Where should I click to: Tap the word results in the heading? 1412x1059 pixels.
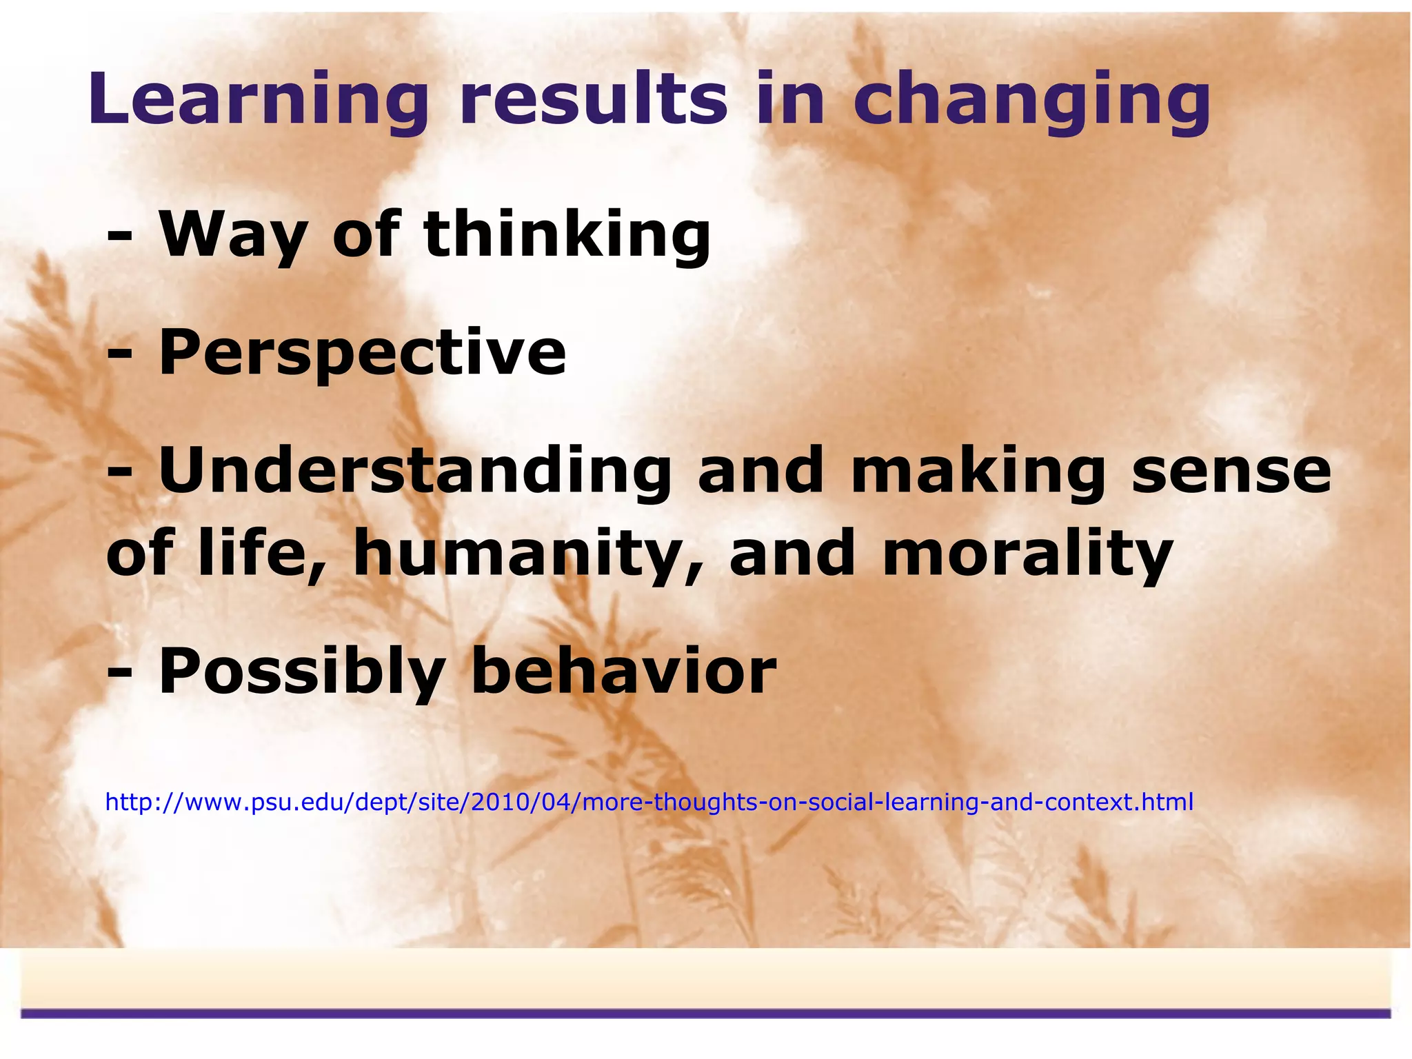pos(593,100)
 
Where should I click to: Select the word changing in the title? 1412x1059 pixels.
pos(1032,100)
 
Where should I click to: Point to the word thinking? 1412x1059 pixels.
pos(567,234)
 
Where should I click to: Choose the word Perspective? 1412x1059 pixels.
pos(362,353)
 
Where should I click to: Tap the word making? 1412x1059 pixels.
pos(978,472)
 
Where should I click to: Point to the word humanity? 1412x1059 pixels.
pos(527,554)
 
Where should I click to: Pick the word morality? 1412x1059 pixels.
pos(1027,554)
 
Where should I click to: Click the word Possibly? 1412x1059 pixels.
pos(301,672)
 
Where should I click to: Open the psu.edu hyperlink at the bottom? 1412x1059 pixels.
pos(649,803)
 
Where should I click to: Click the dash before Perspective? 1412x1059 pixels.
pos(119,356)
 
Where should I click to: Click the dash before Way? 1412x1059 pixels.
pos(119,237)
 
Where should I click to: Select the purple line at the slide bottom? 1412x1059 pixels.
pos(706,1013)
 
